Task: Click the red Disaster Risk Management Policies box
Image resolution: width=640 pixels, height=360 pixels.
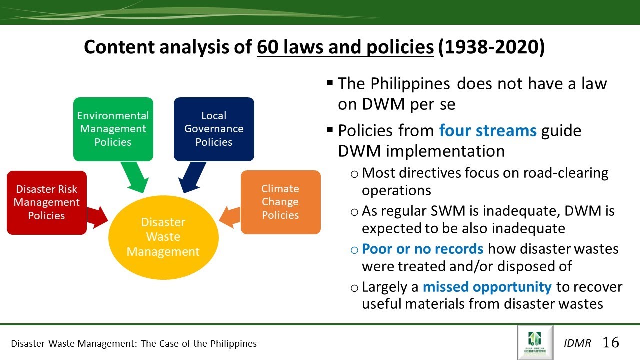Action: tap(46, 202)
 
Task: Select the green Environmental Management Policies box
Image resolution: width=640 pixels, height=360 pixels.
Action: tap(113, 129)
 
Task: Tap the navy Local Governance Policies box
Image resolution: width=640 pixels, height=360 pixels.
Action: tap(214, 129)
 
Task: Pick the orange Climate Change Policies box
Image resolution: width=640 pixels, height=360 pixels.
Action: tap(280, 202)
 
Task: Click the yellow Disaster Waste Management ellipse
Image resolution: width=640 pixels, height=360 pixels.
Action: tap(163, 237)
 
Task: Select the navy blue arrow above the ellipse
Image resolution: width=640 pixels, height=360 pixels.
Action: tap(192, 178)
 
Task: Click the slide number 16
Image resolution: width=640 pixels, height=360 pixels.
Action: tap(611, 342)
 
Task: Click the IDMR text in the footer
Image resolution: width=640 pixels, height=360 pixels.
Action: tap(577, 343)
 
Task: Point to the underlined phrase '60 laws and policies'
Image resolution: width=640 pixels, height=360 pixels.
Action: tap(345, 47)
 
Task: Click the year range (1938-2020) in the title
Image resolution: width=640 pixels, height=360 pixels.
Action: tap(491, 47)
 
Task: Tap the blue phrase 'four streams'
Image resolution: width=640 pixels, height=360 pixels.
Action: tap(488, 131)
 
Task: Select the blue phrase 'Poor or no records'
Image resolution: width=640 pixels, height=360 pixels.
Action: tap(422, 249)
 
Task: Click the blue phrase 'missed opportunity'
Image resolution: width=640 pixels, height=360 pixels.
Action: tap(487, 287)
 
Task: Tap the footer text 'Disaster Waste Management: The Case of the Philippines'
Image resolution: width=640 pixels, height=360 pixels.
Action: tap(134, 343)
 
